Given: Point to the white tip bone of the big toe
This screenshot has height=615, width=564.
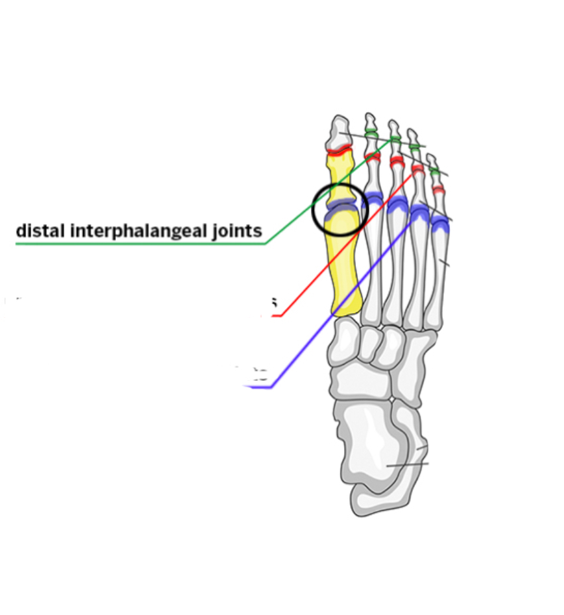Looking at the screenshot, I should coord(339,132).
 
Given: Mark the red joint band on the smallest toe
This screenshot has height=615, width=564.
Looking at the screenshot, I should coord(439,191).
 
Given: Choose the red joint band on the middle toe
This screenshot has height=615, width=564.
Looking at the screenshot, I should coord(396,161).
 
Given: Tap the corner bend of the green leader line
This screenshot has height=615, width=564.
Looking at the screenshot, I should coord(266,243).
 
